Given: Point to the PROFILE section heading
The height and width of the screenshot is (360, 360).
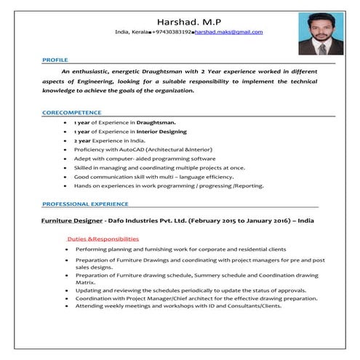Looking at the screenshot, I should pos(55,59).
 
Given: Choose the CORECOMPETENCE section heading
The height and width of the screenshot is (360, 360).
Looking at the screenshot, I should pos(71,113).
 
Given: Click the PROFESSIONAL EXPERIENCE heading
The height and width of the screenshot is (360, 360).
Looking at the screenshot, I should pos(85,204).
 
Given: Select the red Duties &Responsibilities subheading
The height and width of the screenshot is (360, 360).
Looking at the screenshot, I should pos(103,239).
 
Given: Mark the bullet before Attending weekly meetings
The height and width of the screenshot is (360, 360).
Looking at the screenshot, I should pos(66,305).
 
